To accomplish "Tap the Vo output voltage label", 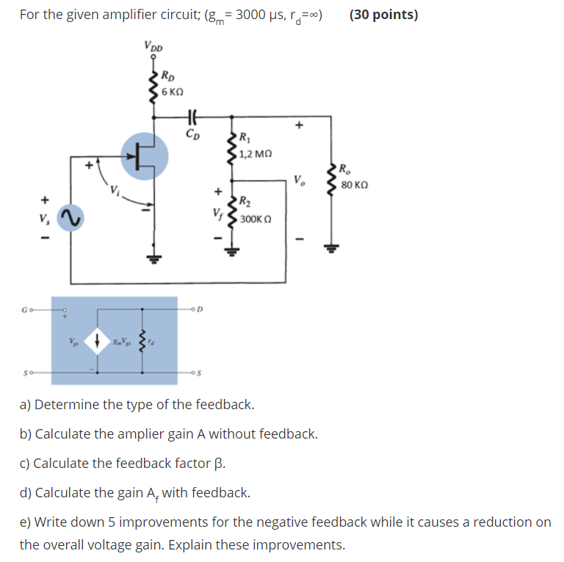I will pos(297,180).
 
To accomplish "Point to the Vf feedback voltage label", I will pos(216,214).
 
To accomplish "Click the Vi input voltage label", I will pos(115,192).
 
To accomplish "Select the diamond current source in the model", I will pos(97,339).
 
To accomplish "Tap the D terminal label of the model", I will pos(200,309).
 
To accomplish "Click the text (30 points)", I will pos(383,15).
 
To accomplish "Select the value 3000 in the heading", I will pos(253,15).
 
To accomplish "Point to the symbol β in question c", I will pos(218,463).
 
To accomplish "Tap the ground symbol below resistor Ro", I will pos(339,249).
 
